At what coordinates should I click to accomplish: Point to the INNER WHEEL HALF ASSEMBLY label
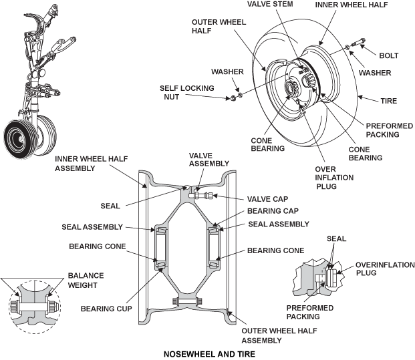[84, 162]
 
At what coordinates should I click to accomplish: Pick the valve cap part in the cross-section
[208, 196]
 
